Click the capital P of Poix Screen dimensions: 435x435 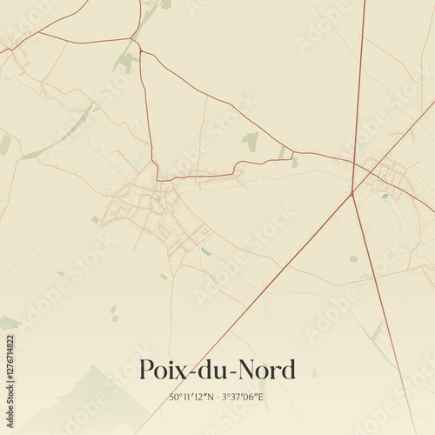tap(148, 370)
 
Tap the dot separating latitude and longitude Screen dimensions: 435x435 tap(219, 398)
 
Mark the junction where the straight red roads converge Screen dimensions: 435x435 tap(352, 193)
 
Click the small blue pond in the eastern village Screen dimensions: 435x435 tap(385, 196)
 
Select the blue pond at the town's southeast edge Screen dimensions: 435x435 tap(206, 251)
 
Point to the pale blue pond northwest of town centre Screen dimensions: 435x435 tap(137, 164)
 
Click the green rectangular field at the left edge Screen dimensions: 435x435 tap(5, 144)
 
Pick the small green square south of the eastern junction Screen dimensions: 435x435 tap(353, 258)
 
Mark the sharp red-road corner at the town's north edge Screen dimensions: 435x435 tap(157, 180)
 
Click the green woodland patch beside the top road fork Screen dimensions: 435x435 tap(127, 61)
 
